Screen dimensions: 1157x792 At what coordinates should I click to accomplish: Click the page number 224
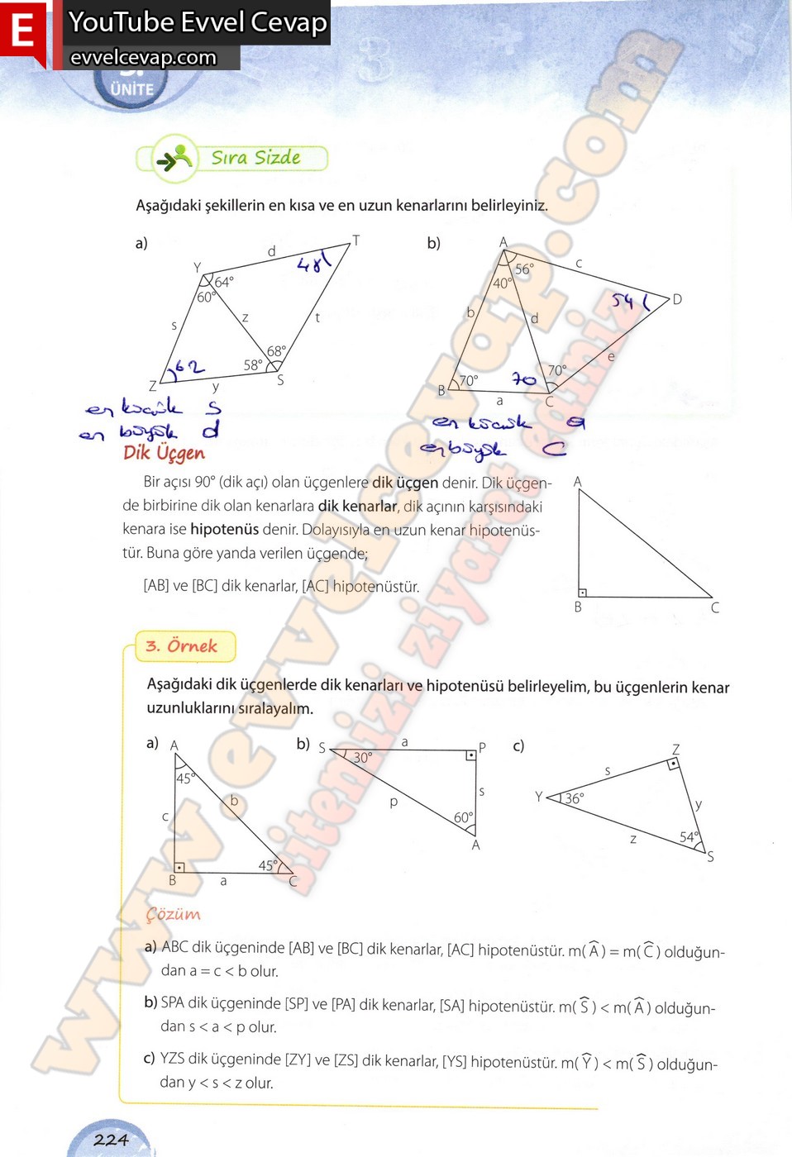(x=111, y=1140)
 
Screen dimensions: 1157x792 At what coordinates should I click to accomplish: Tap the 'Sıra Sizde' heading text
(x=255, y=157)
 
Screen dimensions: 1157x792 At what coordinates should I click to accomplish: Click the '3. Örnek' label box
(x=182, y=646)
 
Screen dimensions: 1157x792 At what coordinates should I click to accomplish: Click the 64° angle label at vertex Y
(x=224, y=282)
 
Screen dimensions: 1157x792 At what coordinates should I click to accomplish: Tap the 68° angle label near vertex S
(x=276, y=351)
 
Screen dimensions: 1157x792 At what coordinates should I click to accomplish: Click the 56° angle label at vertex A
(x=524, y=269)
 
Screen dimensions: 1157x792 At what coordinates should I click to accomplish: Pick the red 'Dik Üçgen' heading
(x=164, y=453)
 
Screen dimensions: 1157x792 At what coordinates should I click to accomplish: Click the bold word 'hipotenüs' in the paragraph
(x=224, y=529)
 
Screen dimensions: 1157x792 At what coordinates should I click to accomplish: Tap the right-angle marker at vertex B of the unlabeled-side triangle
(x=583, y=592)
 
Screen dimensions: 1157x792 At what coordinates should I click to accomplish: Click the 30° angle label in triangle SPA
(x=362, y=757)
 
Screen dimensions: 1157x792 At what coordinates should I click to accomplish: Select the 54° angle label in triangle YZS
(x=689, y=836)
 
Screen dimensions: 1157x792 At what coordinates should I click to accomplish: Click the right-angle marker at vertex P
(x=470, y=755)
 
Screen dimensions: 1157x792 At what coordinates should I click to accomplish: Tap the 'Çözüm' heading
(x=174, y=915)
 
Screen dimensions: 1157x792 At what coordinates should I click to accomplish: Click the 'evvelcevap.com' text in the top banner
(x=143, y=57)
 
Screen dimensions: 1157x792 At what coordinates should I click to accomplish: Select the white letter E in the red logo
(x=22, y=31)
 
